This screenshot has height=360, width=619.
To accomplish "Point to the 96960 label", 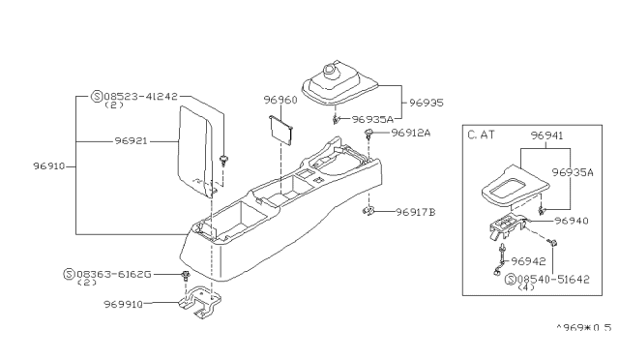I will pyautogui.click(x=282, y=98).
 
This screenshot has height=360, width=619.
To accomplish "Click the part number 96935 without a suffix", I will pyautogui.click(x=427, y=100).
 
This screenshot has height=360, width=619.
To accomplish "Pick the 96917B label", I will pyautogui.click(x=417, y=211).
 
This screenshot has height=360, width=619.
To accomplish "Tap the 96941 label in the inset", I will pyautogui.click(x=548, y=136).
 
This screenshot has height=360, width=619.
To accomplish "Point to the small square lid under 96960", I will pyautogui.click(x=282, y=128).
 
